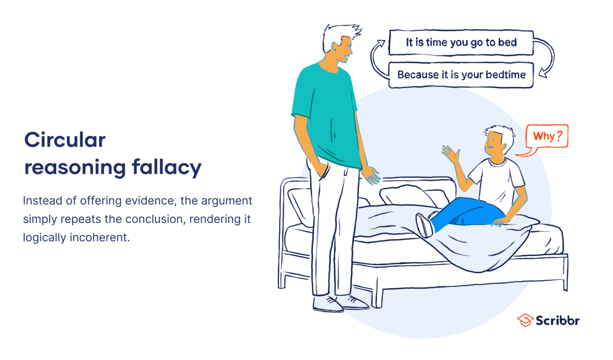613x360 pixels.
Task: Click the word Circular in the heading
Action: tap(65, 140)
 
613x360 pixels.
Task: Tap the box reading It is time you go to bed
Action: tap(461, 43)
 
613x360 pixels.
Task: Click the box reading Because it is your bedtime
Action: tap(461, 75)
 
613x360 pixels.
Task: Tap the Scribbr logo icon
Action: tap(525, 320)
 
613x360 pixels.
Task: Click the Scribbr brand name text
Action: tap(558, 321)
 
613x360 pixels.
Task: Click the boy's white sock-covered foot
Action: tap(424, 224)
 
